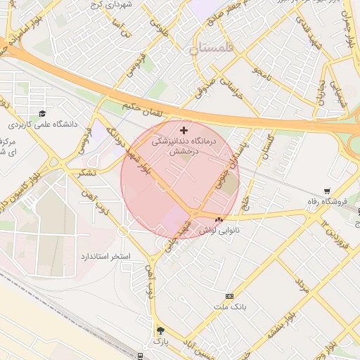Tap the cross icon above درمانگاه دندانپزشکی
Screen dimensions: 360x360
[184, 130]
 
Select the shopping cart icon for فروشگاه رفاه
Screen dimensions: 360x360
[327, 191]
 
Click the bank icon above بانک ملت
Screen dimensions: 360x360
[229, 297]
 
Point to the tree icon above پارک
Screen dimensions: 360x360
[161, 330]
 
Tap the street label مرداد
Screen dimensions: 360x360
[301, 288]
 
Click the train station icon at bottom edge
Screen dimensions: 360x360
[141, 355]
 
